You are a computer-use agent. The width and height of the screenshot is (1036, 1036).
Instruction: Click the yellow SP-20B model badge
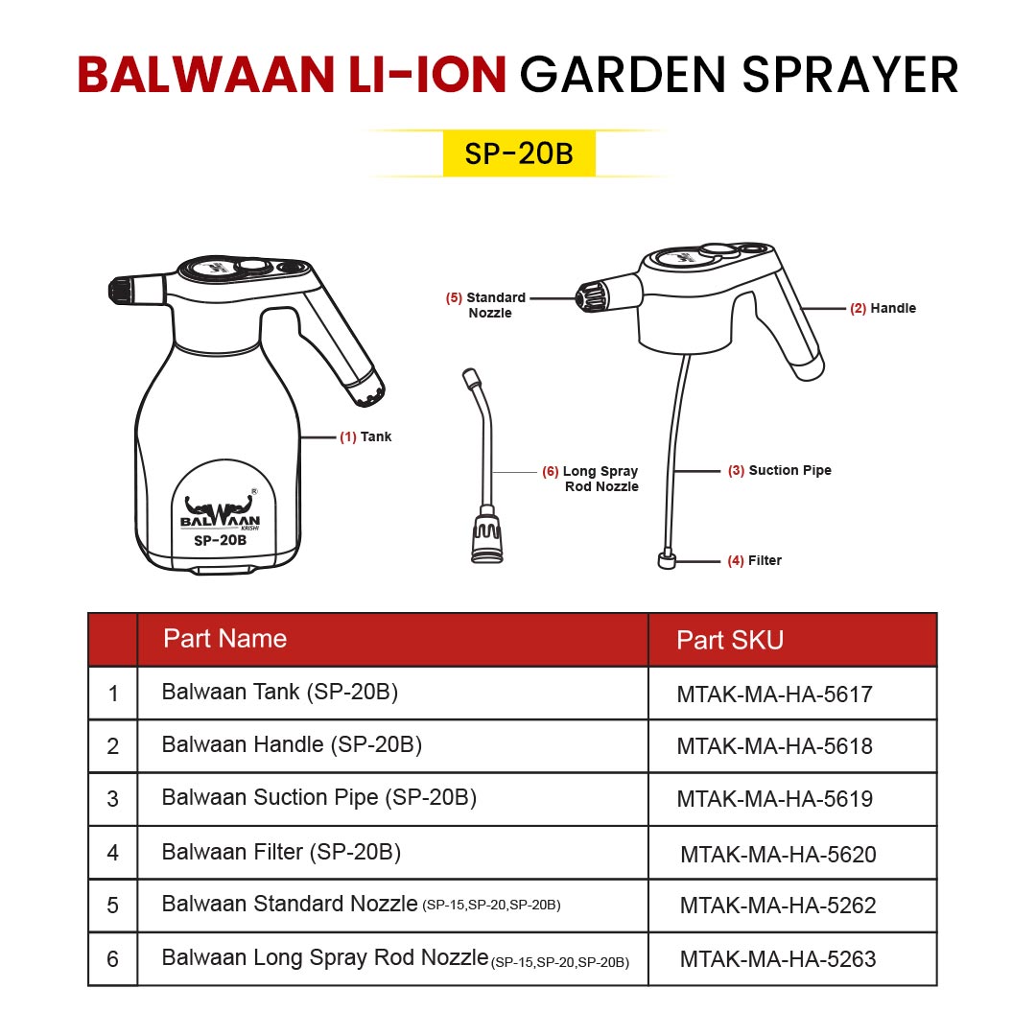coord(519,154)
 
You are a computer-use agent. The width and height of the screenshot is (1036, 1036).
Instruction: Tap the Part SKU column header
coord(730,641)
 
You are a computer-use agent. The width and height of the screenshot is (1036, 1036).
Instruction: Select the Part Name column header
coord(224,639)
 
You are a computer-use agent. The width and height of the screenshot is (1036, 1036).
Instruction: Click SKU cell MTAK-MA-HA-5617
coord(774,695)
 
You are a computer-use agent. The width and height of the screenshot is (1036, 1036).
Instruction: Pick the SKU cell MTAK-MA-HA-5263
coord(777,958)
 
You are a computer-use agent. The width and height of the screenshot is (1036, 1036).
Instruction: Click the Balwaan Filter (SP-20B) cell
coord(281,851)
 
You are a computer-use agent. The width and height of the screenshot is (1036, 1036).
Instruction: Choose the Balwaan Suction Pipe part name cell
coord(318,797)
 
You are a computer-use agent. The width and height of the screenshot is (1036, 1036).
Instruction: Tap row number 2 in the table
coord(113,746)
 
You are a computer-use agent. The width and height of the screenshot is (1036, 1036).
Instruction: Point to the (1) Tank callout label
coord(365,436)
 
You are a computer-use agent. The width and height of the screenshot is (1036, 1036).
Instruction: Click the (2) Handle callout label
coord(883,308)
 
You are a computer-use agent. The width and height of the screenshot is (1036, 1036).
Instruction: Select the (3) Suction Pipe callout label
coord(779,471)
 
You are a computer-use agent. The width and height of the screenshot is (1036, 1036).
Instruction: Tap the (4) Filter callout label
coord(754,560)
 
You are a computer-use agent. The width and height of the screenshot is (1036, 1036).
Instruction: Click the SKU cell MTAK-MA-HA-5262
coord(777,905)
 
